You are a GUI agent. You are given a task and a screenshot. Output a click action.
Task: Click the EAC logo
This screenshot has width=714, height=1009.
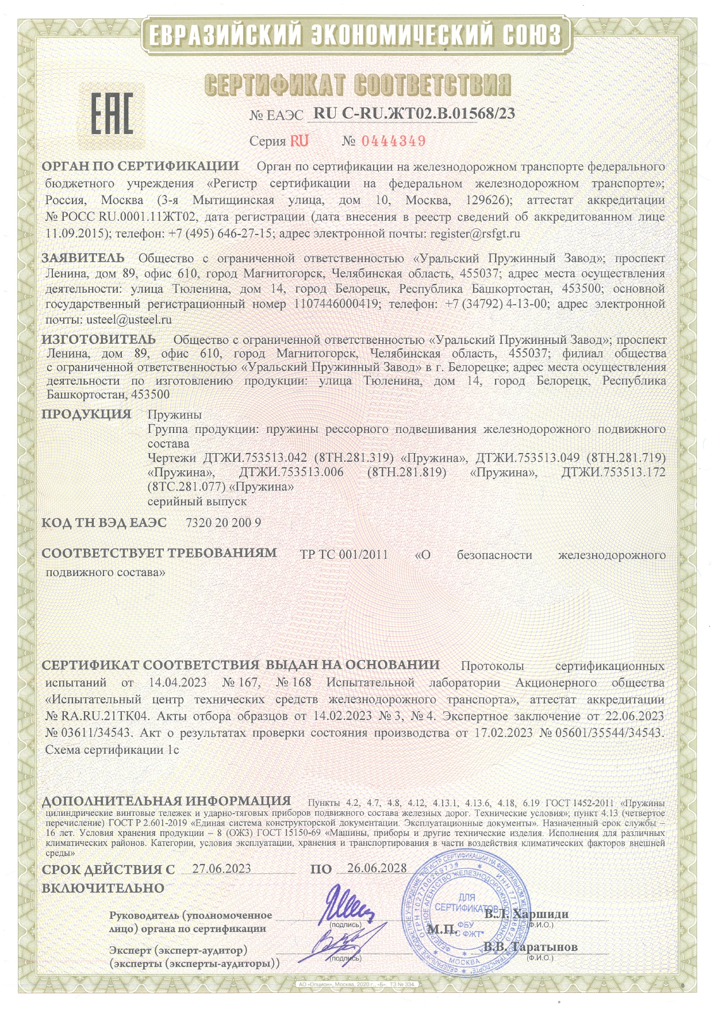pyautogui.click(x=112, y=113)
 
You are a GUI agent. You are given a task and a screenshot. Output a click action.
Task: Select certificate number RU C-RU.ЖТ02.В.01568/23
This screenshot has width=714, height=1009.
pyautogui.click(x=414, y=114)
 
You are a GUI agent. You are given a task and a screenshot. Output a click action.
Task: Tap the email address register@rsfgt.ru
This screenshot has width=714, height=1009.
pyautogui.click(x=475, y=234)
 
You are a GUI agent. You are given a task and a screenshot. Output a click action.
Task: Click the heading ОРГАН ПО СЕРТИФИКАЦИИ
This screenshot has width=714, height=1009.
pyautogui.click(x=140, y=167)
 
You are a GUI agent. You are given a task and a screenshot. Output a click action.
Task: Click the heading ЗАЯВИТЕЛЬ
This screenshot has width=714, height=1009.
pyautogui.click(x=83, y=258)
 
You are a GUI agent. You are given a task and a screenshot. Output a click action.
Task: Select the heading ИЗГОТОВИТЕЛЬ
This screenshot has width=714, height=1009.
pyautogui.click(x=98, y=339)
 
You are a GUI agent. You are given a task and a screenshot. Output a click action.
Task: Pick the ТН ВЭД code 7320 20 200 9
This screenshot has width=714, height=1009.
pyautogui.click(x=224, y=523)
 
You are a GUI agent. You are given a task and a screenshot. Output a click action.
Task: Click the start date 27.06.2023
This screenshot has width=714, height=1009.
pyautogui.click(x=221, y=868)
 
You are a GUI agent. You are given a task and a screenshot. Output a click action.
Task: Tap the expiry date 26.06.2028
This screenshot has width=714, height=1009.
pyautogui.click(x=377, y=868)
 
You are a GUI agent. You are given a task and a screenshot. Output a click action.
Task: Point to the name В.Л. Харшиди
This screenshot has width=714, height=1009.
pyautogui.click(x=527, y=914)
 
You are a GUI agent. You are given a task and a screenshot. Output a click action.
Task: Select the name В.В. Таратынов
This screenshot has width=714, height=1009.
pyautogui.click(x=530, y=947)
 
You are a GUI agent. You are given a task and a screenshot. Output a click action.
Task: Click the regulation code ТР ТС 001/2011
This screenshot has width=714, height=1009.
pyautogui.click(x=344, y=555)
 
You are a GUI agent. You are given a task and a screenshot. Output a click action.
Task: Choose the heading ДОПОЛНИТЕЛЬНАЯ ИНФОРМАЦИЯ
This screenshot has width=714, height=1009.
pyautogui.click(x=166, y=801)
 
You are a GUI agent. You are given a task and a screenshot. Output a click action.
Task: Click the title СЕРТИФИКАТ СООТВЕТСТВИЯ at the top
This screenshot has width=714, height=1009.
pyautogui.click(x=357, y=85)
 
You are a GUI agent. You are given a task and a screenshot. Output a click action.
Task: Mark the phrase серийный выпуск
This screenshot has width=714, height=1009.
pyautogui.click(x=197, y=501)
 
